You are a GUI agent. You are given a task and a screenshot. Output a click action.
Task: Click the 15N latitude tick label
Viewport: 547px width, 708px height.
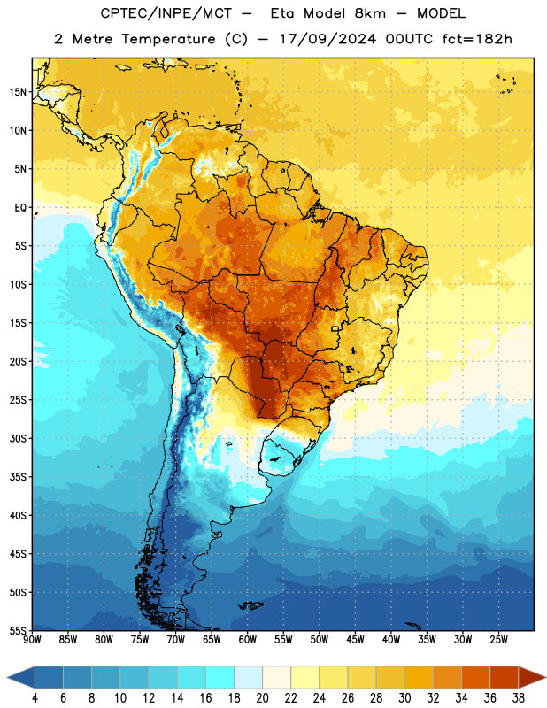point(18,92)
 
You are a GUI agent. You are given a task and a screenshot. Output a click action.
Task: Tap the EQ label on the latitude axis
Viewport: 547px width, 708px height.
point(20,208)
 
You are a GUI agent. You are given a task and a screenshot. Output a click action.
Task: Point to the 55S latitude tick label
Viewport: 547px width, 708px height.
point(18,630)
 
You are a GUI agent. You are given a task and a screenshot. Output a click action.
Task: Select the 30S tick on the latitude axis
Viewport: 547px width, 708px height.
point(18,438)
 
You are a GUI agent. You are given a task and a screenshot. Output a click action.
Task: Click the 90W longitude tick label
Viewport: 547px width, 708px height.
point(32,639)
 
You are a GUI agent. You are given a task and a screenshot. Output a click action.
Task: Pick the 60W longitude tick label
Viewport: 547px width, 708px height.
point(248,639)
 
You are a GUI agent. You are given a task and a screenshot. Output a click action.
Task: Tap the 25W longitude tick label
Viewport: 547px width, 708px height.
point(498,639)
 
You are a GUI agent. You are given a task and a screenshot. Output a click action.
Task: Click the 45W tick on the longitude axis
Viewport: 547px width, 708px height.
point(355,639)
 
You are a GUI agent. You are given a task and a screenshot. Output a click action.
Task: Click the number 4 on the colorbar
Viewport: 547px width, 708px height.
point(35,698)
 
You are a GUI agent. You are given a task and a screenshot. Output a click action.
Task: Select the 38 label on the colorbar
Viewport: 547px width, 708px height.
point(519,698)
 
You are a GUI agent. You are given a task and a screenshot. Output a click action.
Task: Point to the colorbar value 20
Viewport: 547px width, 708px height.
point(262,698)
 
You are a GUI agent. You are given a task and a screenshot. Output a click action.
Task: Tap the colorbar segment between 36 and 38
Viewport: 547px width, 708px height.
point(505,679)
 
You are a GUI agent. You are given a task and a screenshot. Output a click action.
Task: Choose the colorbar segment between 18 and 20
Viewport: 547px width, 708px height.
point(248,679)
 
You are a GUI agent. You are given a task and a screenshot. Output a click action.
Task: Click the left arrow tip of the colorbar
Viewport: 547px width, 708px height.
point(7,679)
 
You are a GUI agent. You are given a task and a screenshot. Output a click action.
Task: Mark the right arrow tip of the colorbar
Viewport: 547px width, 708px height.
point(545,679)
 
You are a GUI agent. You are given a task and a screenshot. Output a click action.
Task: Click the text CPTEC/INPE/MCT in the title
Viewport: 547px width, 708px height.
point(166,13)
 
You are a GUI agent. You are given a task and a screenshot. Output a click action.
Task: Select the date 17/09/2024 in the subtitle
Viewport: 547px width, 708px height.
point(327,39)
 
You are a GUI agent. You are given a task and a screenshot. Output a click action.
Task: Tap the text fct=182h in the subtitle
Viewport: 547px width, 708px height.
point(477,39)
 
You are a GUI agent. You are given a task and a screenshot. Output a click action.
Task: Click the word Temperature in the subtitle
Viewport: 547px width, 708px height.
point(168,39)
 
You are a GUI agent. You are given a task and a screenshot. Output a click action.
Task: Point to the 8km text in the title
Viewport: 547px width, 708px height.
point(370,13)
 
